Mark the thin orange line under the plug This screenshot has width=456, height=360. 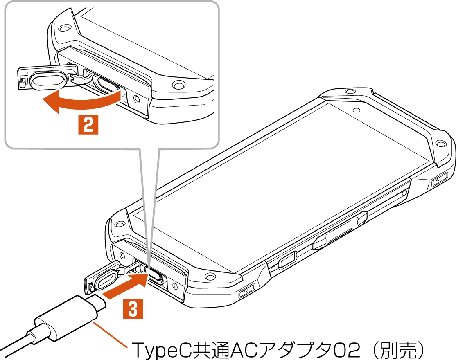coord(111,335)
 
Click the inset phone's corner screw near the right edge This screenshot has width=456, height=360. coord(177,85)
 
